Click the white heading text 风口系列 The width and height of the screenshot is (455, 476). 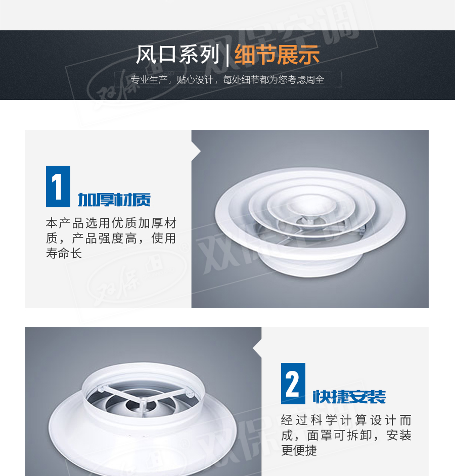click(177, 55)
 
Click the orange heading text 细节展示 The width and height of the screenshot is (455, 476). click(277, 55)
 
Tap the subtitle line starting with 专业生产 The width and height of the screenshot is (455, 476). click(227, 80)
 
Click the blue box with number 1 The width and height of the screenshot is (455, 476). click(58, 186)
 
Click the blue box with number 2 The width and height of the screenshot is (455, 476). click(293, 384)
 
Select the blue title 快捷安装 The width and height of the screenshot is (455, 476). click(349, 397)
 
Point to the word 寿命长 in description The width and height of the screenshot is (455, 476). click(64, 254)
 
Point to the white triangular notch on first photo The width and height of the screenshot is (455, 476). click(196, 151)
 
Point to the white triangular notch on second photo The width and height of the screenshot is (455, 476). click(257, 348)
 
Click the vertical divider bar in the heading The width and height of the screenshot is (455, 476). click(227, 55)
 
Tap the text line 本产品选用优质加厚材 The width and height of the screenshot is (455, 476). click(111, 223)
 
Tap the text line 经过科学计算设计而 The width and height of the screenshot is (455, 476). click(346, 420)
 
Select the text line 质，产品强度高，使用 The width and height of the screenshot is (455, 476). click(111, 238)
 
